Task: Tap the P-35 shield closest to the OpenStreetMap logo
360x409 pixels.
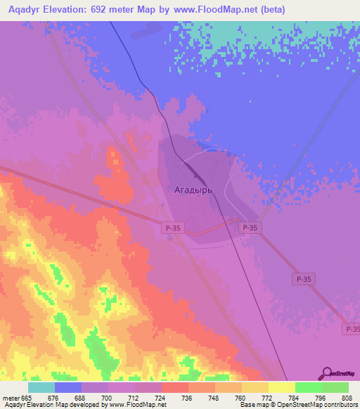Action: pyautogui.click(x=351, y=329)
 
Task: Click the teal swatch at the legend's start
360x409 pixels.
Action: pyautogui.click(x=41, y=387)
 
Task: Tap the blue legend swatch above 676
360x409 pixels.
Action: pyautogui.click(x=68, y=387)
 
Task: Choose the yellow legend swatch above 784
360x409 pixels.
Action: pyautogui.click(x=281, y=387)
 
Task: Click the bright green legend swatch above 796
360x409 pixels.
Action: pyautogui.click(x=308, y=387)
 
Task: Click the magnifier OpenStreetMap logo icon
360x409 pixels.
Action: pyautogui.click(x=326, y=373)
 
